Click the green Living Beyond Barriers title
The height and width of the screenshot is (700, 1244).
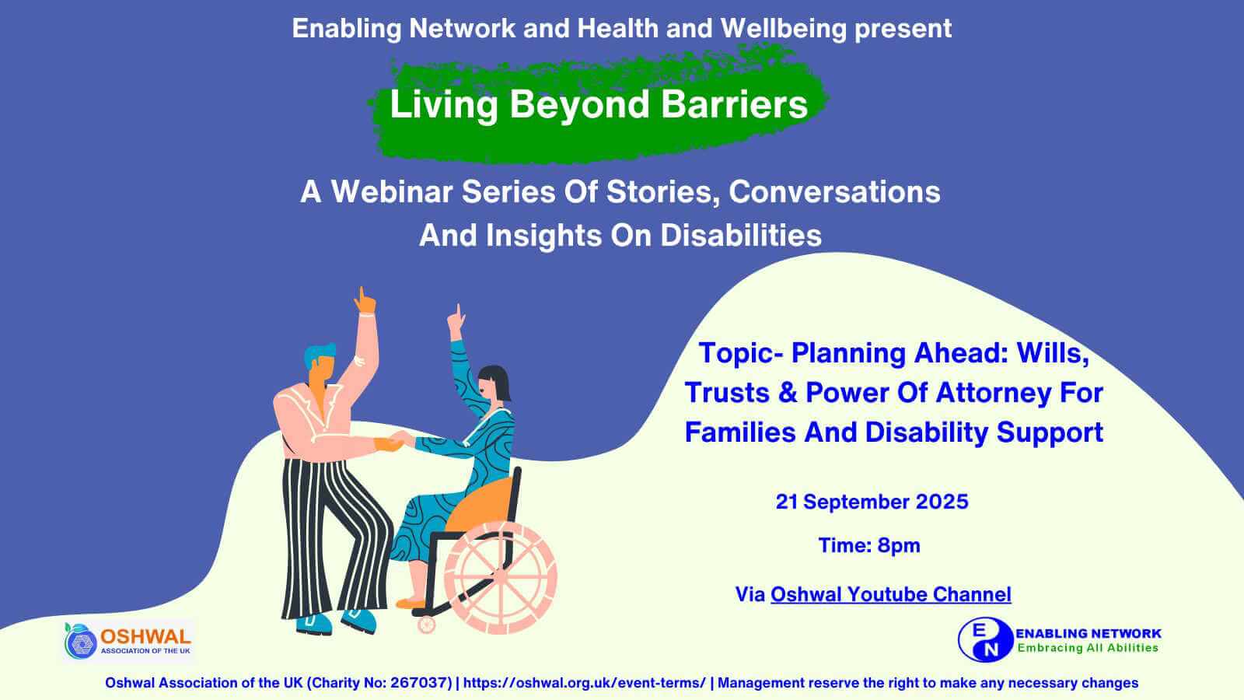[x=599, y=104]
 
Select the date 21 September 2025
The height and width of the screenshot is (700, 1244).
[x=872, y=502]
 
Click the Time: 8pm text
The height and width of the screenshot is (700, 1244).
[x=869, y=545]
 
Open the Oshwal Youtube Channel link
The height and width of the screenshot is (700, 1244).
[x=891, y=594]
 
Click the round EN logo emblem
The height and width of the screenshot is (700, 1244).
[x=986, y=639]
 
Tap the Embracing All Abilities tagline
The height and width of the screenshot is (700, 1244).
[x=1088, y=648]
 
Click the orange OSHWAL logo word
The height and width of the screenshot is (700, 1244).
[x=145, y=637]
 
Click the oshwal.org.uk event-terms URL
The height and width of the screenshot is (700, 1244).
[x=584, y=683]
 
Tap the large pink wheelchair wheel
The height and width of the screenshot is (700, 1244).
[x=500, y=578]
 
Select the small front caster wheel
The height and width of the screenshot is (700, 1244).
[x=427, y=625]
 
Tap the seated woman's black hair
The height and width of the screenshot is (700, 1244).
[x=497, y=380]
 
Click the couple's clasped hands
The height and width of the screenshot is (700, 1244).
[x=396, y=441]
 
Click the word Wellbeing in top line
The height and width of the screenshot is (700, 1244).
[x=783, y=29]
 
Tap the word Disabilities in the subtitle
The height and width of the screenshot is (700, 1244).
[x=741, y=235]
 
